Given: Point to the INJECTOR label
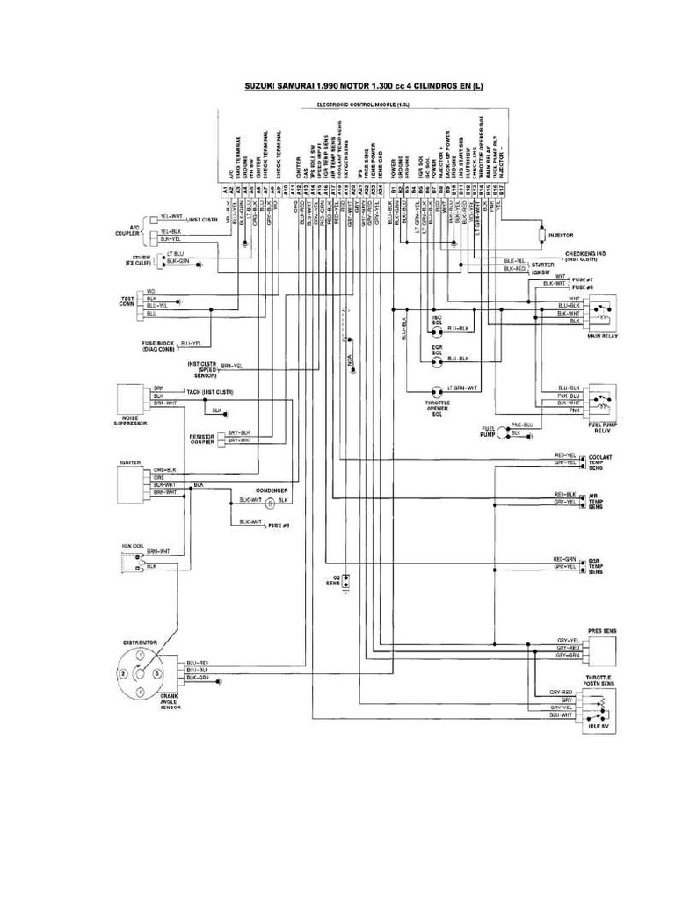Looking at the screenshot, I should click(x=561, y=236).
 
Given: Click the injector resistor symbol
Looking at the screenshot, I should click(x=541, y=236).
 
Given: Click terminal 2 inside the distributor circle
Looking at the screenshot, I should click(x=124, y=673).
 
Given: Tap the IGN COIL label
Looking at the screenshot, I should click(x=132, y=546).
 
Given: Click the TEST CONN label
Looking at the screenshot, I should click(x=128, y=301).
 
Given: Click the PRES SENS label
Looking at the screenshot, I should click(x=603, y=631).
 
